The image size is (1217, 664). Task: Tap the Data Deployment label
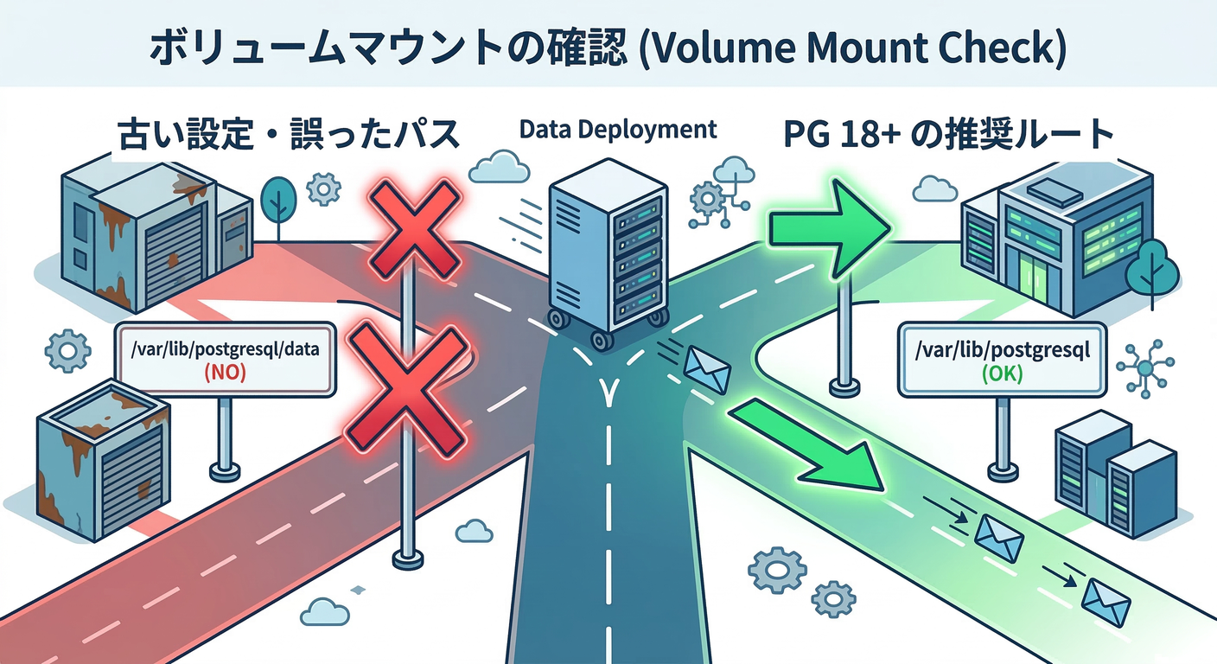coord(618,130)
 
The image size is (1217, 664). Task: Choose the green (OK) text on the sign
coord(1003,375)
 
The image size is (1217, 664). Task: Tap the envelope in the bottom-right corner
coord(1106,602)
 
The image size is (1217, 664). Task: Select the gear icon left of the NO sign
coord(66,350)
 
